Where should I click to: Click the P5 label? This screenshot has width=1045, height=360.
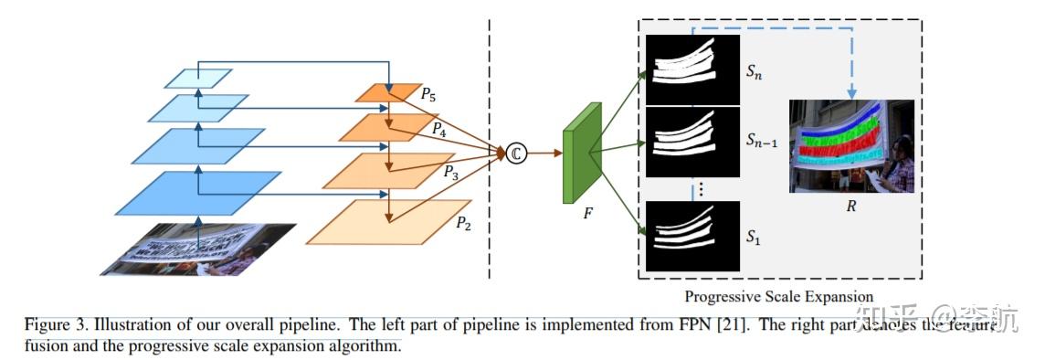pos(427,93)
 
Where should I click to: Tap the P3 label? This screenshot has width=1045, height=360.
pos(451,171)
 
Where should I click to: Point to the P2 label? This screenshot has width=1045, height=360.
pos(465,222)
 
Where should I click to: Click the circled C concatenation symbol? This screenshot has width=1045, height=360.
pos(516,154)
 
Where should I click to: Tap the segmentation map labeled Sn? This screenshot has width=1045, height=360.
pos(691,69)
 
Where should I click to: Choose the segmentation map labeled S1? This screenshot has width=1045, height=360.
pos(691,236)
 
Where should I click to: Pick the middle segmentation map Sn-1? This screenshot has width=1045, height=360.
pos(691,142)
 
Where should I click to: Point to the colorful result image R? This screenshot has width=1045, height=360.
pos(851,146)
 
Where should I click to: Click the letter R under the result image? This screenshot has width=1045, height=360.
pos(851,206)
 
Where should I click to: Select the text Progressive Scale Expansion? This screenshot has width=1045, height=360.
pos(779,296)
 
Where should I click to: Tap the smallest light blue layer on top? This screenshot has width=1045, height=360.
pos(193,79)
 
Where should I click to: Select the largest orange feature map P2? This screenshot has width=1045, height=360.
pos(388,222)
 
